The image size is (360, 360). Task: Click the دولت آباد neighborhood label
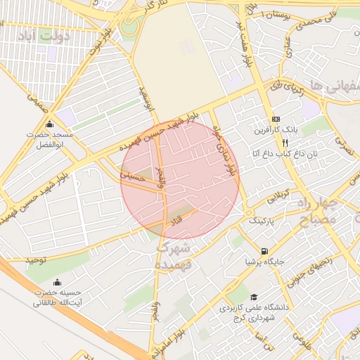pos(46,35)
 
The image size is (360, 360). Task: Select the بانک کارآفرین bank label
pos(276,131)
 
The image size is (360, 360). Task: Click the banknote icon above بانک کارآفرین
pos(276,120)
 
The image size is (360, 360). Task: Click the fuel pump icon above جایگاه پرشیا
pos(264,250)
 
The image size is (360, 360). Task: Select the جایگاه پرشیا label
pos(264,261)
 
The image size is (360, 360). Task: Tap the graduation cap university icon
pos(254,297)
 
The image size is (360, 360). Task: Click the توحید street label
pos(37,259)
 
